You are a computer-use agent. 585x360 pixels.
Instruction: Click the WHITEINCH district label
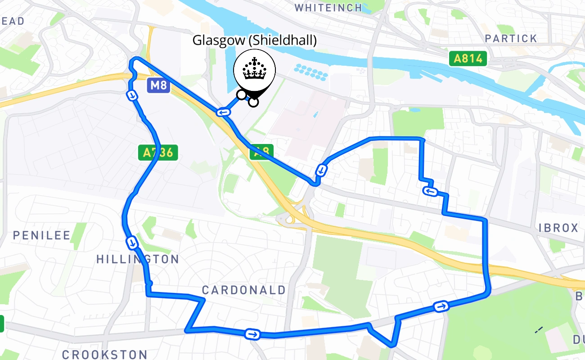click(x=328, y=7)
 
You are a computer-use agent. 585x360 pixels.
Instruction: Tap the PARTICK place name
click(x=511, y=39)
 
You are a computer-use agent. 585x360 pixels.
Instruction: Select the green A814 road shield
click(x=468, y=58)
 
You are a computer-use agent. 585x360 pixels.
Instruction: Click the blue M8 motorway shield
click(x=158, y=85)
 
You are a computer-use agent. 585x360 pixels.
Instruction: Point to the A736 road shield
click(x=158, y=153)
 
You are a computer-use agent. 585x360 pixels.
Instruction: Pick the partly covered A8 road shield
click(x=261, y=151)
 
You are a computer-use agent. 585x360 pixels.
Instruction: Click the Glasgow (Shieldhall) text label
click(x=254, y=40)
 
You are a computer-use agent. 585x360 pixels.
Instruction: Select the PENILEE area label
click(x=42, y=235)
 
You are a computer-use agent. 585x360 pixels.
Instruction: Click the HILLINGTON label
click(x=138, y=259)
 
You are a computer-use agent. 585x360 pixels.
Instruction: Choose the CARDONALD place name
click(x=243, y=290)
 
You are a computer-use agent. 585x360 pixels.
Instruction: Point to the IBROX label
click(x=558, y=228)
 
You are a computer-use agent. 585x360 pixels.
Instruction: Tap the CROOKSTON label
click(x=104, y=355)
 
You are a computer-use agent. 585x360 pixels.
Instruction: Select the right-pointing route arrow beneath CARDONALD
click(x=252, y=334)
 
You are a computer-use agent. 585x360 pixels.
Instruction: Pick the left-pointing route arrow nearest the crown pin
click(x=222, y=112)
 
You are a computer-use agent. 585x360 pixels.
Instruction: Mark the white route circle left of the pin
click(x=242, y=94)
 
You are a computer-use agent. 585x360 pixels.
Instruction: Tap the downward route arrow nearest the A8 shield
click(x=321, y=170)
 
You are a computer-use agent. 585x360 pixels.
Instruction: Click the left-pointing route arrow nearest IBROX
click(x=430, y=192)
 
